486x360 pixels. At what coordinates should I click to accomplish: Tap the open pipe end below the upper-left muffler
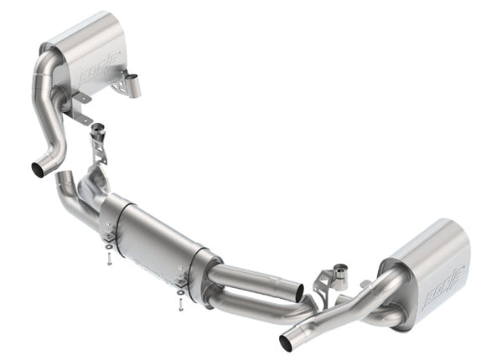coord(39,168)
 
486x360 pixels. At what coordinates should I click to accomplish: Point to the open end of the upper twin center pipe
coord(300,292)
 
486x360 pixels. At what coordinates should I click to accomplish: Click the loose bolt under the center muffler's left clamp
coord(111,260)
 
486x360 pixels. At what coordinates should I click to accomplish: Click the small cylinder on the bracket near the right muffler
coord(341,273)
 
